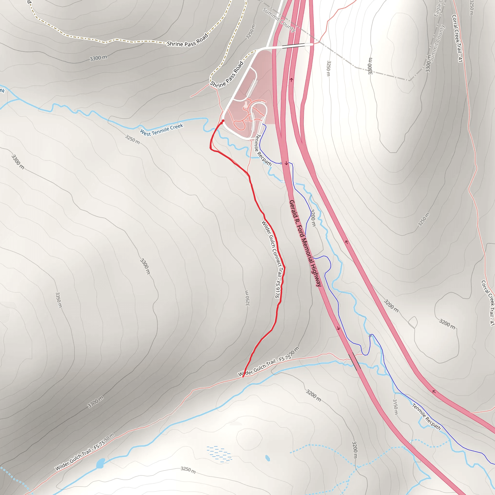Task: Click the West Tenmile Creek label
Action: click(x=161, y=130)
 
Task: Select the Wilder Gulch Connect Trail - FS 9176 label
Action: click(x=271, y=259)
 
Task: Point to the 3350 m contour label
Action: click(x=59, y=299)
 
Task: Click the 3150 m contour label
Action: click(x=395, y=407)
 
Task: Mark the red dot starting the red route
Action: click(x=223, y=121)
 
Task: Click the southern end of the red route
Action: click(x=243, y=377)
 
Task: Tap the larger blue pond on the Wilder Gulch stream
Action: click(x=100, y=464)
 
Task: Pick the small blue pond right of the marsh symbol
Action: click(x=268, y=458)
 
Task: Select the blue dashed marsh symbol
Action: click(x=219, y=454)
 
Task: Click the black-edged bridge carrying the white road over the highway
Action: click(x=293, y=46)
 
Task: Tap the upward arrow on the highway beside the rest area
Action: click(x=291, y=80)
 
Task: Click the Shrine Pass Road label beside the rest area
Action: click(x=227, y=74)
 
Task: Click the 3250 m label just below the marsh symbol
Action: click(x=188, y=470)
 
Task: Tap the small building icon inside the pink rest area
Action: click(x=246, y=104)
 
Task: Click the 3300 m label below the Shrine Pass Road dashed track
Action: click(x=98, y=58)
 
